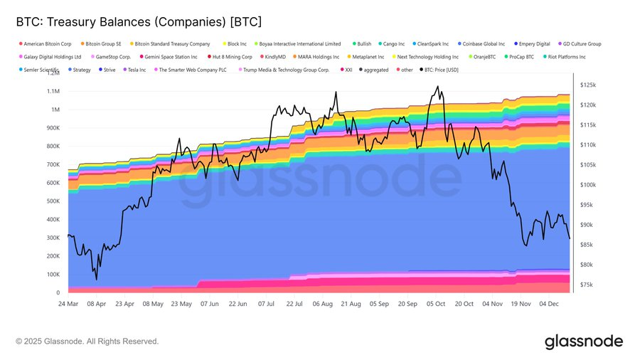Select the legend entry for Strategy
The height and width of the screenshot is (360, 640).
pyautogui.click(x=82, y=70)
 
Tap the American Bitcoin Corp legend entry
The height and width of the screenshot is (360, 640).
pyautogui.click(x=47, y=43)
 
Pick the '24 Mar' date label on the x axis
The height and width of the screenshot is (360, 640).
pyautogui.click(x=68, y=302)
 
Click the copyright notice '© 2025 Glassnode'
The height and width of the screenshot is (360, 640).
pyautogui.click(x=87, y=342)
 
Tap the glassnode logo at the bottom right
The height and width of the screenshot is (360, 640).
pyautogui.click(x=583, y=342)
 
